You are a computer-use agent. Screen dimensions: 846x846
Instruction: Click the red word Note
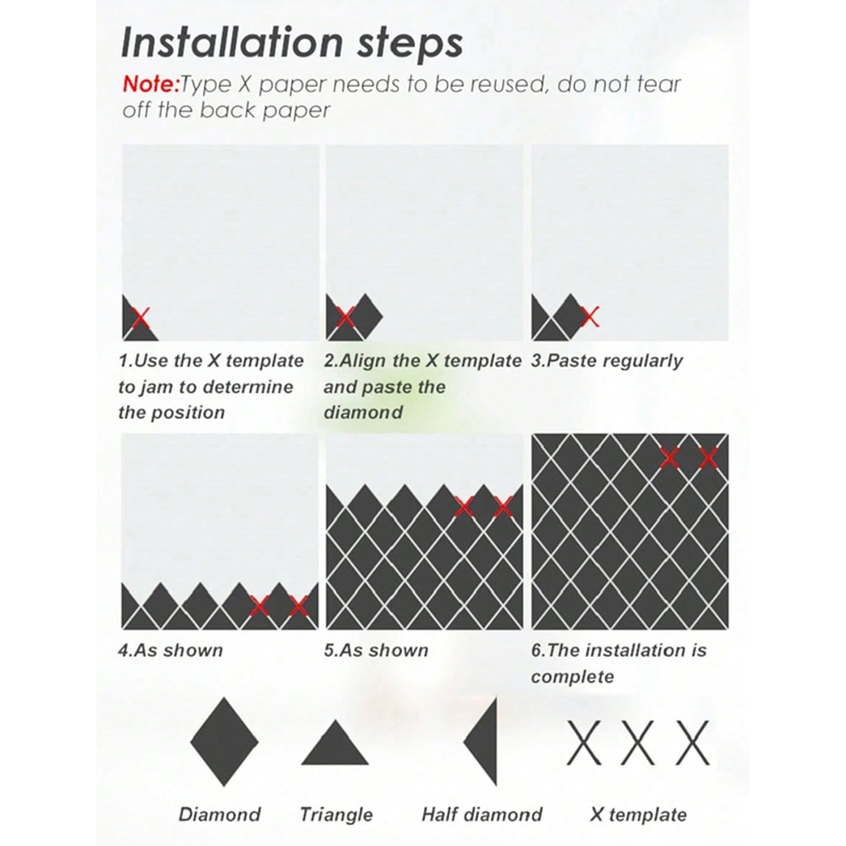[150, 84]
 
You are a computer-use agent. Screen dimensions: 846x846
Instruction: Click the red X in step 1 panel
[141, 318]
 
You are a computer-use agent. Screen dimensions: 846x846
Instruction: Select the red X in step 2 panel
[345, 318]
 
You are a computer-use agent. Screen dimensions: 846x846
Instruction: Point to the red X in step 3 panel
[591, 316]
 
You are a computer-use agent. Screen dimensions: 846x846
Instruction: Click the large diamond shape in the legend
[224, 742]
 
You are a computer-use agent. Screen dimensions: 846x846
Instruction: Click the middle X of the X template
[639, 743]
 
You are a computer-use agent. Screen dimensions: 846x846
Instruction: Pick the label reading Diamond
[220, 815]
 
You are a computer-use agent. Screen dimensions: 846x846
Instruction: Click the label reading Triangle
[336, 815]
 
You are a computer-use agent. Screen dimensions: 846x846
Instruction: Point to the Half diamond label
[481, 815]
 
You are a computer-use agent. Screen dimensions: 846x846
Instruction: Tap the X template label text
[638, 815]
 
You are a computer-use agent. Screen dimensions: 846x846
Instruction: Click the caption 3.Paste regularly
[607, 361]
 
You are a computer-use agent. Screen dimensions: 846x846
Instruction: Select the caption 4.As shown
[171, 651]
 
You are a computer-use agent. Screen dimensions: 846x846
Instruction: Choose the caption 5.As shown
[376, 651]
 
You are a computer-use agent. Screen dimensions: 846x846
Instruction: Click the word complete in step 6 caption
[573, 677]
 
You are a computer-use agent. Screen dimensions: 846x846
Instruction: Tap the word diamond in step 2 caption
[363, 413]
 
